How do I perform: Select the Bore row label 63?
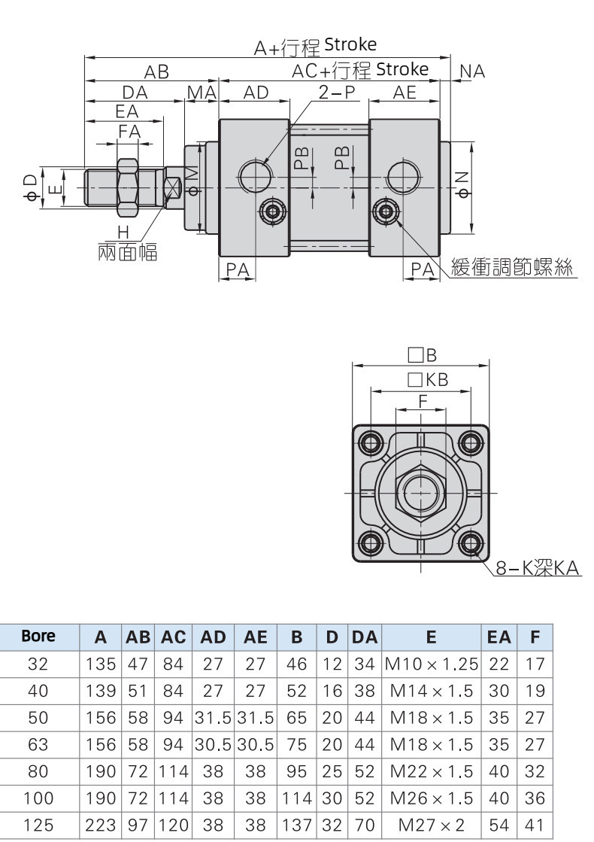(38, 744)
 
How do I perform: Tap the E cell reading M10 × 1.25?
(431, 664)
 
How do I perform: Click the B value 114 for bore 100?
(297, 798)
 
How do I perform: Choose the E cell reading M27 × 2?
(431, 825)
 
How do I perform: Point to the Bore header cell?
(38, 636)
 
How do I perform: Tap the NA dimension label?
(472, 71)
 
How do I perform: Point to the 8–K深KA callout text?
(538, 570)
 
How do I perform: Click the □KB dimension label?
(427, 381)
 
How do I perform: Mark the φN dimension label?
(463, 186)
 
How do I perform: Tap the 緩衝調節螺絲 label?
(512, 268)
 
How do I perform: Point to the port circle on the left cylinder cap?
(253, 175)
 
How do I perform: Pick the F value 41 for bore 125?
(535, 825)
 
